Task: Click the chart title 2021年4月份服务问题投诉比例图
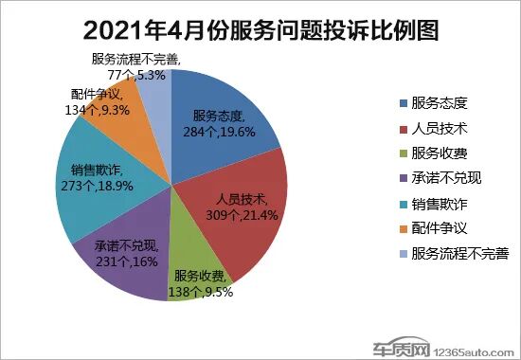[x=260, y=29]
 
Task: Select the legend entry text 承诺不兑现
[x=446, y=177]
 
